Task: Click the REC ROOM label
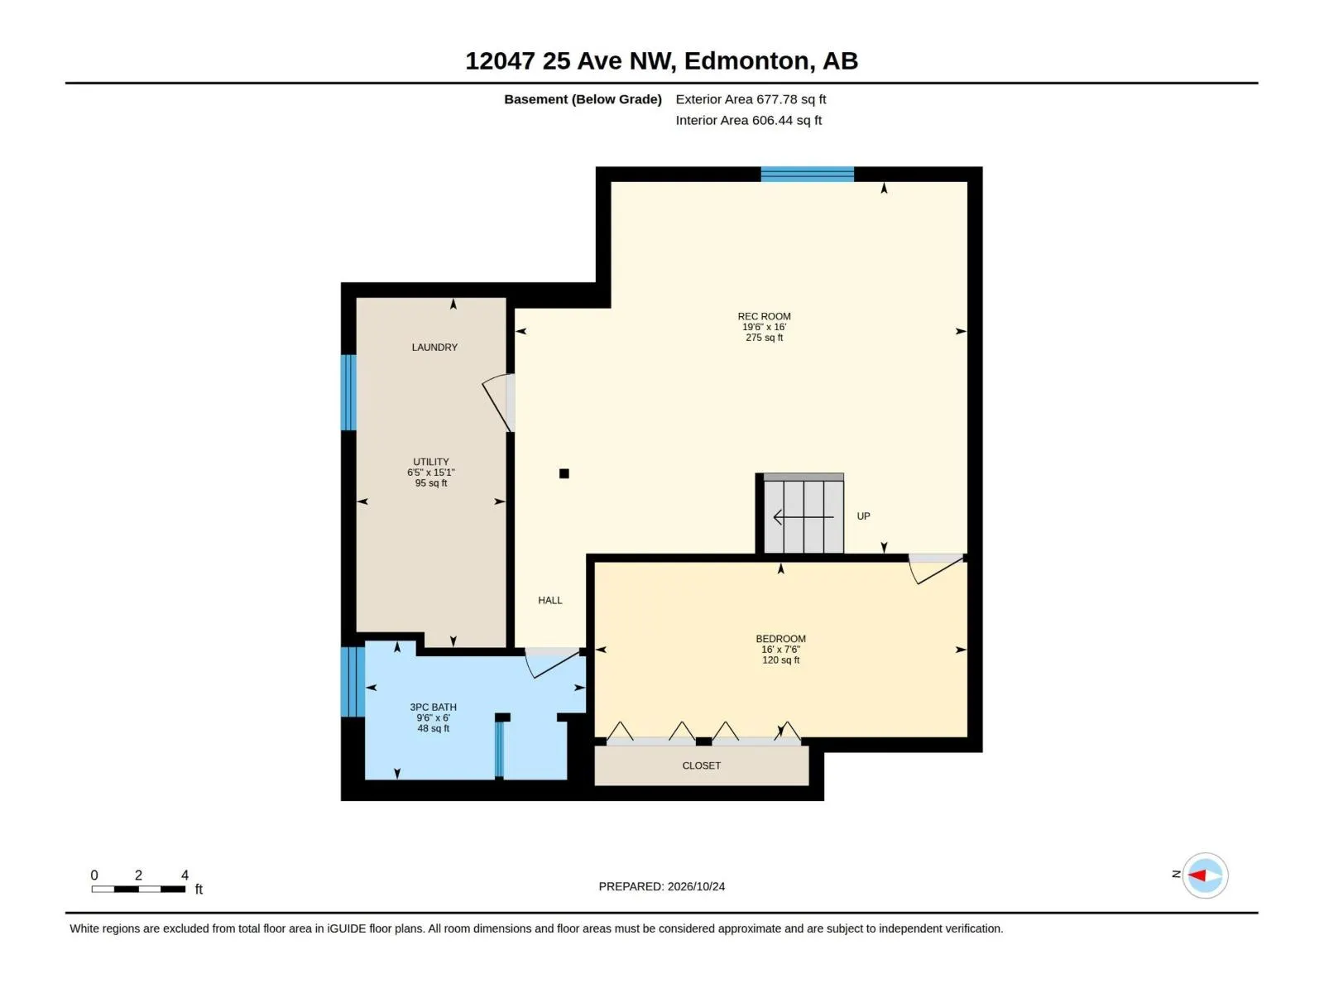point(764,316)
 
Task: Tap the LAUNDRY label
point(434,348)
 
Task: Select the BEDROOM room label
point(780,639)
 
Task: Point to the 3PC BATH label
point(433,708)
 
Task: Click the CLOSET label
point(701,765)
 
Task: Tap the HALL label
point(549,601)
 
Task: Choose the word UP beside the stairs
point(863,516)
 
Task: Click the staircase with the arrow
point(803,513)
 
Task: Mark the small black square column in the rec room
point(564,473)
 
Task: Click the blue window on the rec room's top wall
point(807,175)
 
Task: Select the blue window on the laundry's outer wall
point(348,392)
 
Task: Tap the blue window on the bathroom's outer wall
point(353,681)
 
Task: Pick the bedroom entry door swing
point(936,569)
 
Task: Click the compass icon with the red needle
point(1205,875)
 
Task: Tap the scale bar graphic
point(138,890)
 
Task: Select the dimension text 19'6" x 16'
point(764,327)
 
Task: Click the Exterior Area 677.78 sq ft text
point(751,99)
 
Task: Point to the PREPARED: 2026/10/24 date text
point(662,886)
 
